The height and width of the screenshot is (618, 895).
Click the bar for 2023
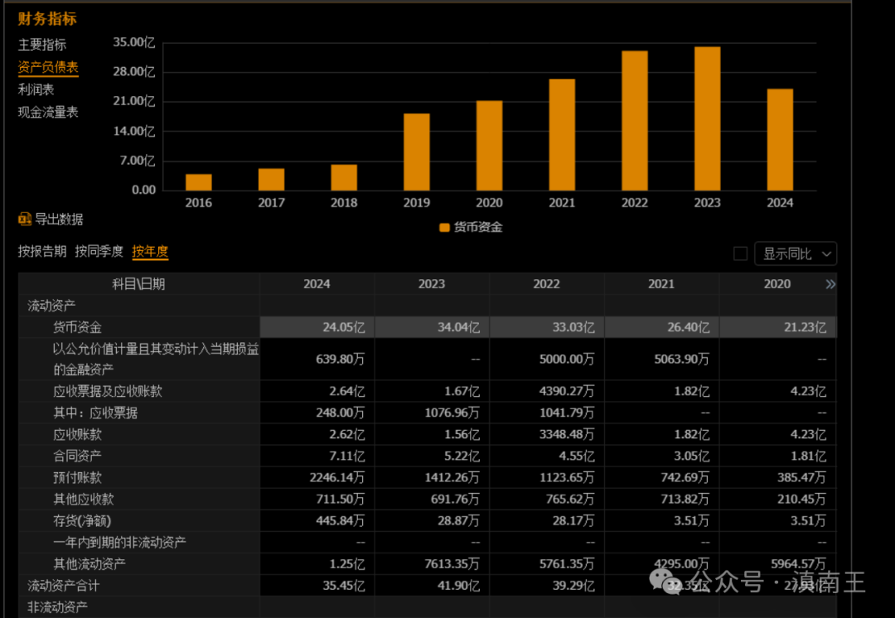click(x=707, y=118)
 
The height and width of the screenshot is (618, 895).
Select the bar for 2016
click(x=198, y=182)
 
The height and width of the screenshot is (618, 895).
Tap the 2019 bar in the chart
click(x=416, y=152)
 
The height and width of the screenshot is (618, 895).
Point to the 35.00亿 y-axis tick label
click(x=134, y=41)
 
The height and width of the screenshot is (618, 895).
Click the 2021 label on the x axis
click(x=562, y=203)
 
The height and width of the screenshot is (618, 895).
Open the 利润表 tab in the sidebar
click(x=36, y=89)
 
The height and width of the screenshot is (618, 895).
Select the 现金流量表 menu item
click(x=48, y=112)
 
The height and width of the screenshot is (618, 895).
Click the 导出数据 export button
click(x=51, y=220)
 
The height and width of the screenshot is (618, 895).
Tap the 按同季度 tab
click(x=99, y=252)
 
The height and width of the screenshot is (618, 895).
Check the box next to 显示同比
click(x=741, y=253)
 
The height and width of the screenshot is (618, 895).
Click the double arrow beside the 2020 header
click(x=830, y=284)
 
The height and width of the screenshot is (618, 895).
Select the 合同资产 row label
click(x=78, y=456)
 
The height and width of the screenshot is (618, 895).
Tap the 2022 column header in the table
click(x=546, y=284)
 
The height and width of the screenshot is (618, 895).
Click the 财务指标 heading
click(x=47, y=18)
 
